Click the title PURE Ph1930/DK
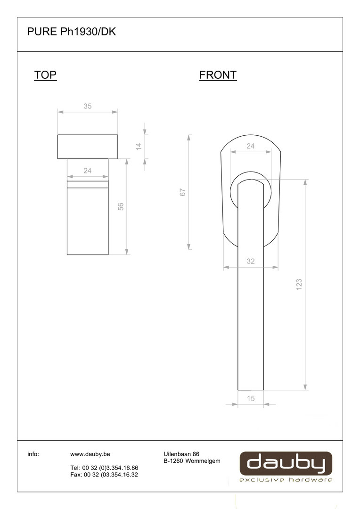72,32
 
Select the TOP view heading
45,75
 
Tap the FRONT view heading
218,75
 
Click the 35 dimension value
88,106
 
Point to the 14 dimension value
139,147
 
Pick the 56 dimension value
121,206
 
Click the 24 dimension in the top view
88,171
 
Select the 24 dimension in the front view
251,146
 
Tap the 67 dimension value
183,192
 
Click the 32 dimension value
251,261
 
